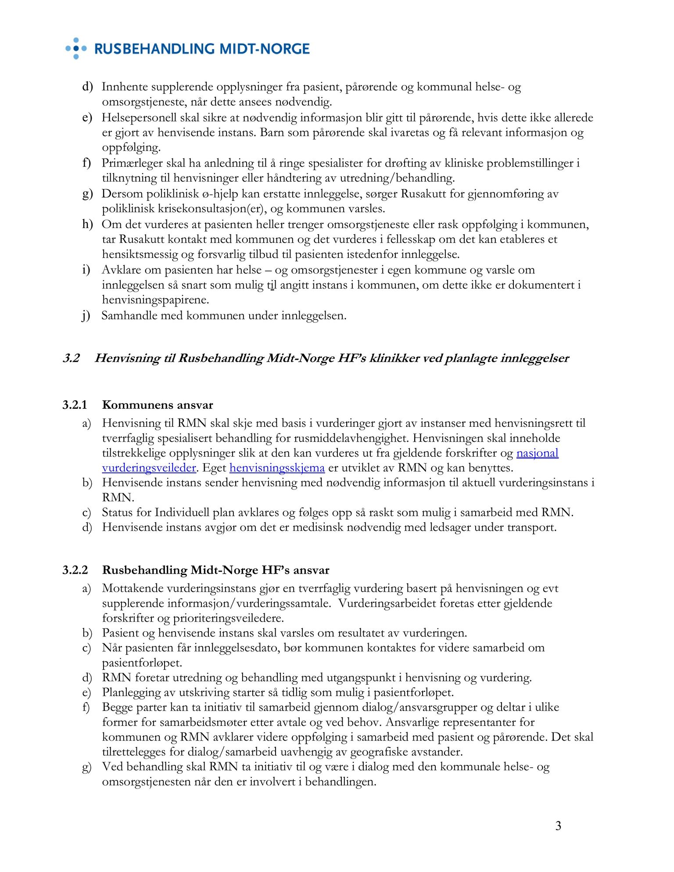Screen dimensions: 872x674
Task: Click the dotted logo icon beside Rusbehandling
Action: coord(76,48)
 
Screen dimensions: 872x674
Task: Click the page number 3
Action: coord(558,826)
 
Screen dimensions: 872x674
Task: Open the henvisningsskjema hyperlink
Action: coord(277,468)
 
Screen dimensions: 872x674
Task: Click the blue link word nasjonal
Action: coord(537,453)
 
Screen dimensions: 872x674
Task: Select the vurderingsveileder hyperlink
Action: coord(149,468)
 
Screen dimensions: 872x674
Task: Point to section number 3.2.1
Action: coord(75,405)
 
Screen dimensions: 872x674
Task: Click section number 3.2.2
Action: coord(75,570)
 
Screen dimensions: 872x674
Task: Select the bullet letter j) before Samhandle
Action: coord(86,316)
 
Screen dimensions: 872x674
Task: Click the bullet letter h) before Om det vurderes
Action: coord(87,225)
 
